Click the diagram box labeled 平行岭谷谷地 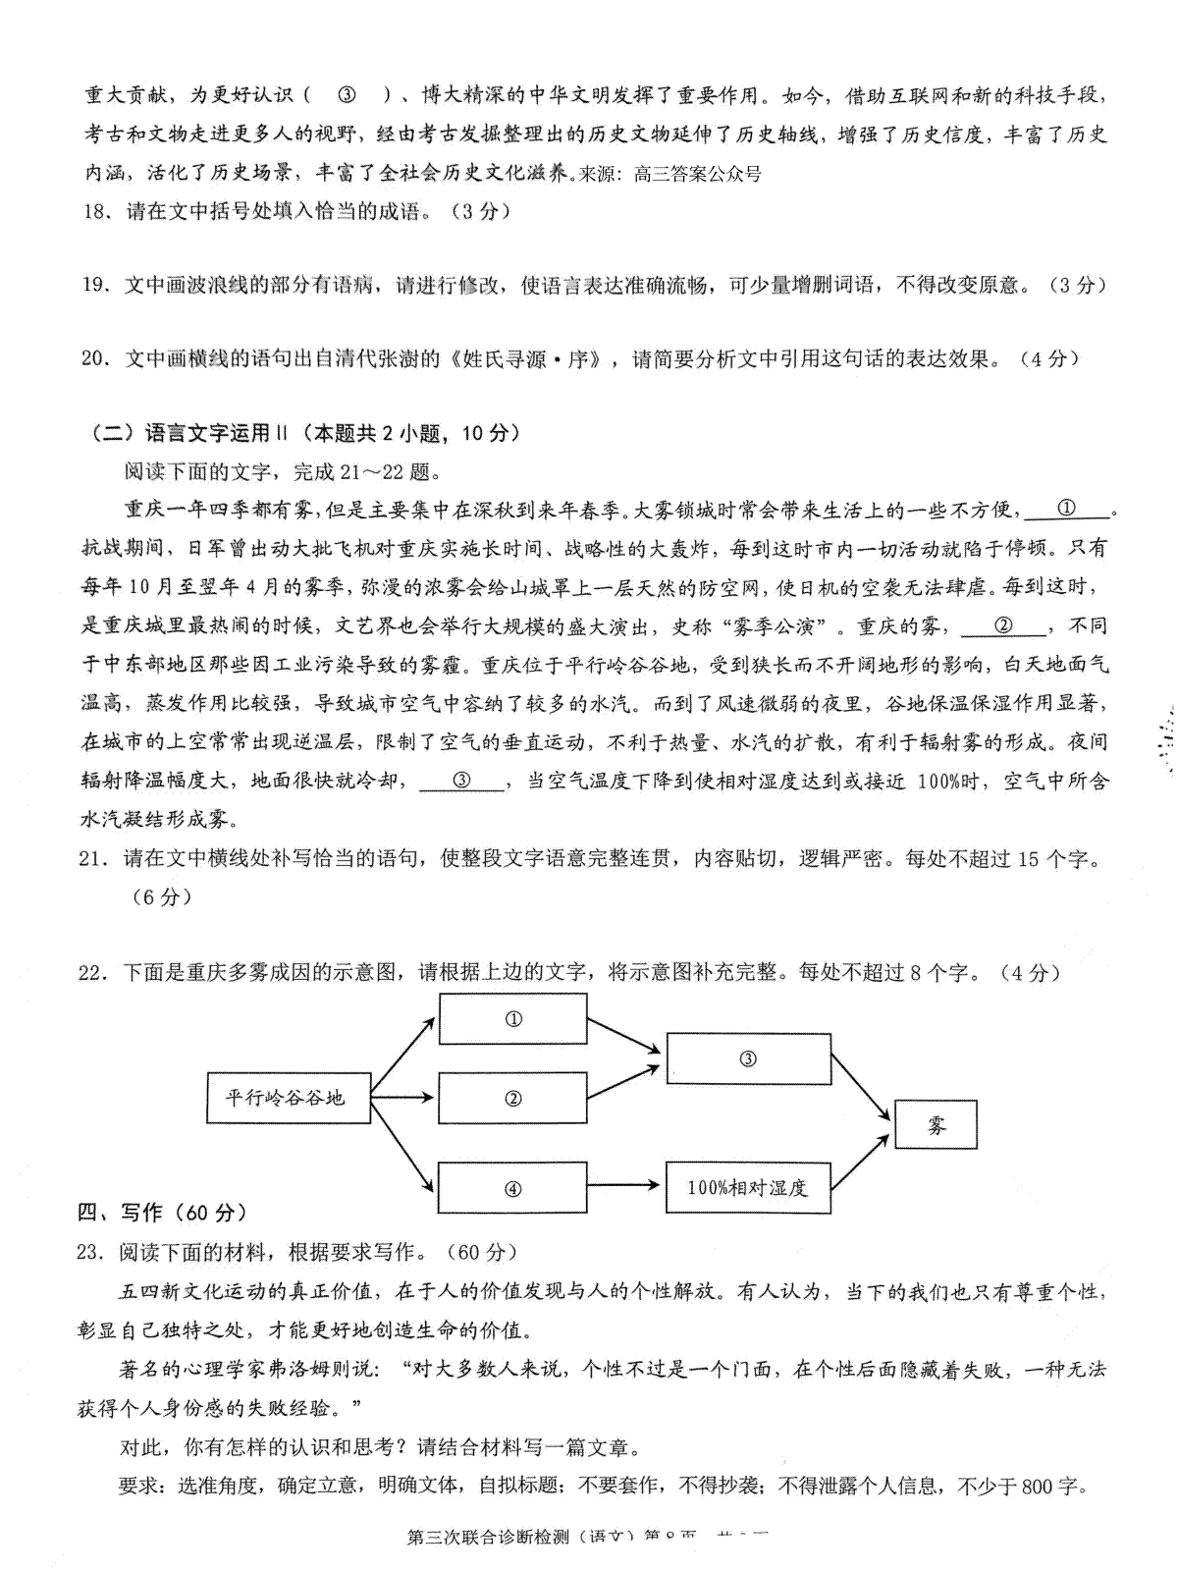[289, 1097]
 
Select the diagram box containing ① [512, 1018]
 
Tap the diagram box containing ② [512, 1098]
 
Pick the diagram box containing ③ [748, 1058]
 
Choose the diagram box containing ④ [512, 1189]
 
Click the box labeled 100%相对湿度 [748, 1188]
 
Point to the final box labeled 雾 [936, 1124]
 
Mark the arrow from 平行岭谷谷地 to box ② [403, 1097]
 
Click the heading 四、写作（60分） [163, 1214]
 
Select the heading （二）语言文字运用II [187, 433]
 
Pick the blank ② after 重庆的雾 [1003, 625]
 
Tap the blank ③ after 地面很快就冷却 [461, 781]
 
